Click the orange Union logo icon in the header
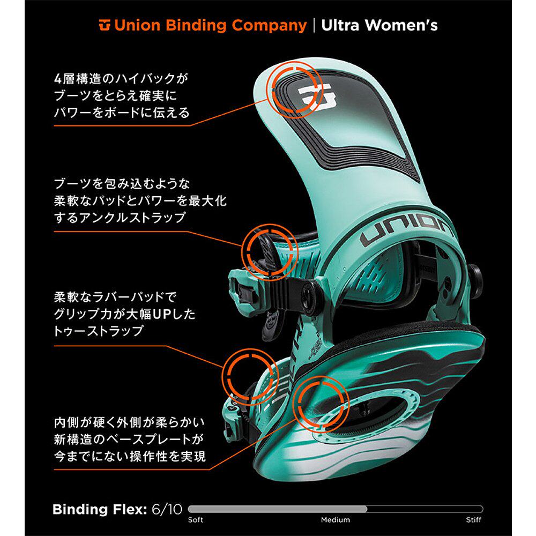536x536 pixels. point(105,25)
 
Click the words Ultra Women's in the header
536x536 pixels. point(379,25)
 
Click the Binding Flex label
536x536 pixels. point(99,509)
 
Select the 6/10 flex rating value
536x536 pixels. point(166,509)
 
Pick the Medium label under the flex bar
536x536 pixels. point(336,520)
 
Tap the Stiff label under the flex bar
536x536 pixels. point(473,520)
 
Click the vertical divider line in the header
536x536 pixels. point(314,26)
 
